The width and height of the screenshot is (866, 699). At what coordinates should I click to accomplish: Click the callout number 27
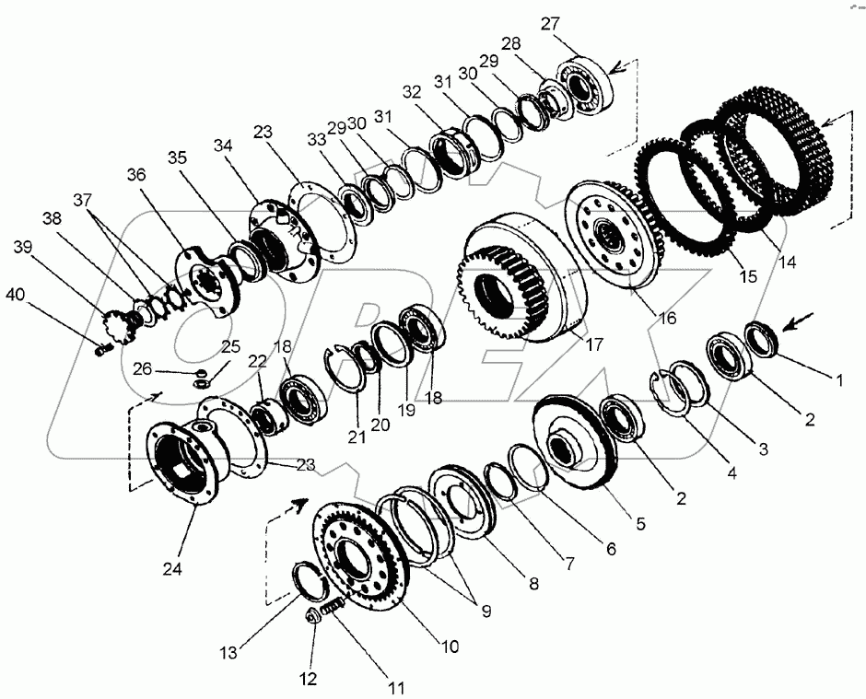pyautogui.click(x=550, y=25)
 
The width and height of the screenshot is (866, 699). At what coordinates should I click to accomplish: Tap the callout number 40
pyautogui.click(x=16, y=295)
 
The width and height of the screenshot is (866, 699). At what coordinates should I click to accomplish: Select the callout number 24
pyautogui.click(x=171, y=569)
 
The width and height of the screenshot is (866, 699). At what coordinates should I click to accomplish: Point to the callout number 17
pyautogui.click(x=593, y=345)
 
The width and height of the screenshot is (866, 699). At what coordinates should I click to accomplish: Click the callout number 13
pyautogui.click(x=228, y=653)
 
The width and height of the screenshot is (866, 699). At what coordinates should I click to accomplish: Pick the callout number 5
pyautogui.click(x=640, y=523)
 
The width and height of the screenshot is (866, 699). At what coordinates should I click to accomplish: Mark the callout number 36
pyautogui.click(x=135, y=175)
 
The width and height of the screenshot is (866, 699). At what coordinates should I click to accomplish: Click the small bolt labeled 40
pyautogui.click(x=103, y=350)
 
